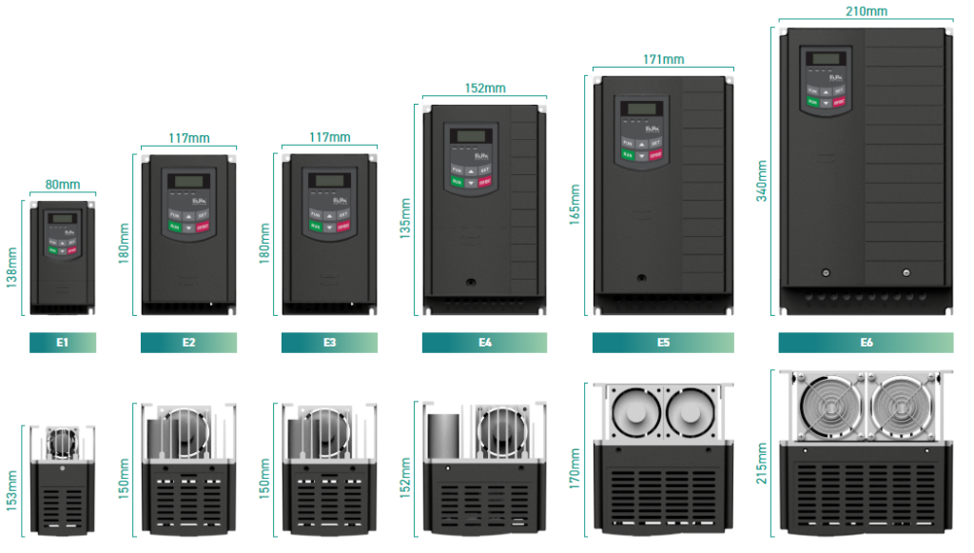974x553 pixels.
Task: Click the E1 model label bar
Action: (x=62, y=343)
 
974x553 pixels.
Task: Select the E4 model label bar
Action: (x=484, y=343)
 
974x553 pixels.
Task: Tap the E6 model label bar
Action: (x=866, y=343)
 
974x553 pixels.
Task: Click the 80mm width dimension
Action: (x=63, y=185)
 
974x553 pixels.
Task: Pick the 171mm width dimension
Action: (x=663, y=59)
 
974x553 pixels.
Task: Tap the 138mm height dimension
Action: (x=12, y=267)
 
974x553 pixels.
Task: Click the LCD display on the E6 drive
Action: (x=823, y=59)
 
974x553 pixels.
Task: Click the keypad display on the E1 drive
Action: (x=63, y=219)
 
